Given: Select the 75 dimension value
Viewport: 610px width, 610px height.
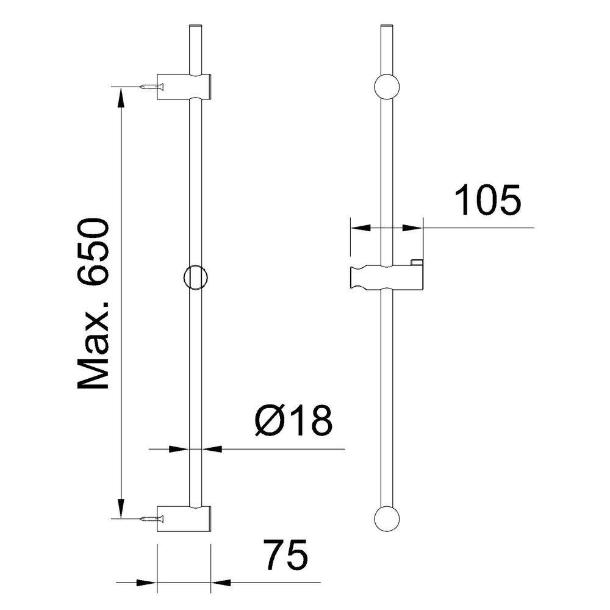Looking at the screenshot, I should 285,554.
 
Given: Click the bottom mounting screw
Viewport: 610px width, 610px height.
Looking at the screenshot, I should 150,519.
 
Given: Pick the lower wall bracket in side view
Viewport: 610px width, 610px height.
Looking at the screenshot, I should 184,518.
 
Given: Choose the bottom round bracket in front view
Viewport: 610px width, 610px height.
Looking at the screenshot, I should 387,518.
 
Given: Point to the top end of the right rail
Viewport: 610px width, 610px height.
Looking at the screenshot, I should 387,26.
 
